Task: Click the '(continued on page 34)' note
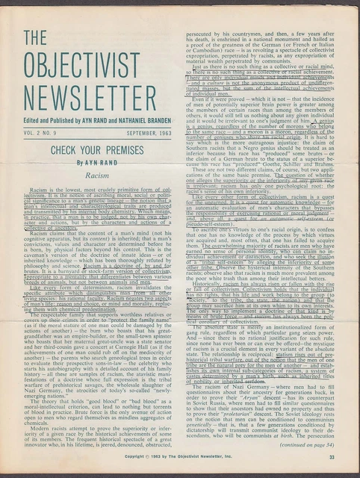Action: (x=314, y=444)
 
